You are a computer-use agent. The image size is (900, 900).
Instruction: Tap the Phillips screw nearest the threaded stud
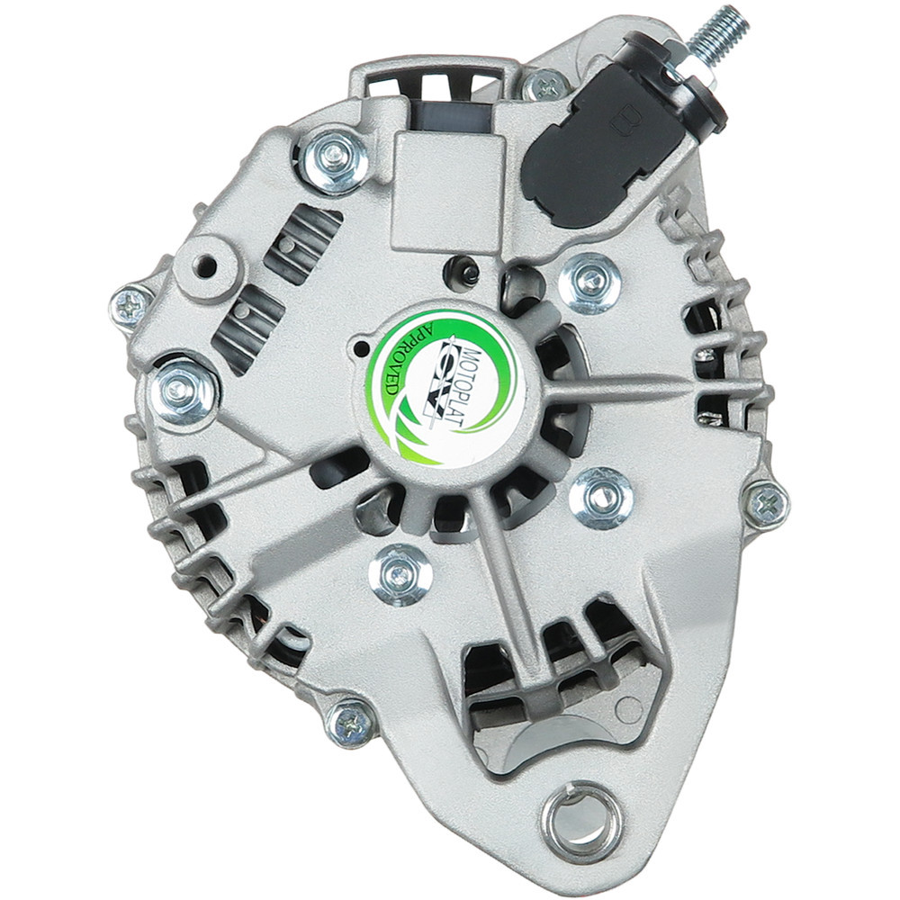click(544, 87)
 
